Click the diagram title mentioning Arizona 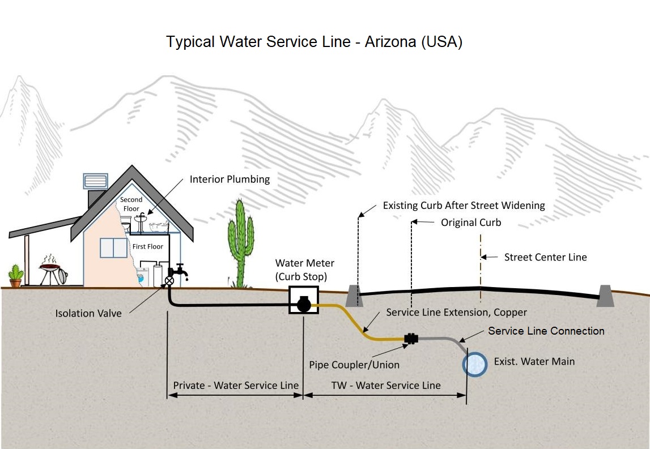314,42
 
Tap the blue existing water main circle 474,365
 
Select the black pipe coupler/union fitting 411,339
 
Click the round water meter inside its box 303,305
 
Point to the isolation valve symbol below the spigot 169,280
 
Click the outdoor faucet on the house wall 181,271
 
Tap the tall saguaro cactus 240,243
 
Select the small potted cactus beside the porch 16,276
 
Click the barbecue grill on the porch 52,271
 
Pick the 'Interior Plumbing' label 230,179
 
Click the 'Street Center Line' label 545,257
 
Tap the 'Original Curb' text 471,223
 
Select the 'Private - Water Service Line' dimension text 235,386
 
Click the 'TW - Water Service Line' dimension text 386,386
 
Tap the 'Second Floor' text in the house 131,204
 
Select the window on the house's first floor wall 114,248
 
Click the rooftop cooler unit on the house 95,181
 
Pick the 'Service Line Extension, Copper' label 456,313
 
